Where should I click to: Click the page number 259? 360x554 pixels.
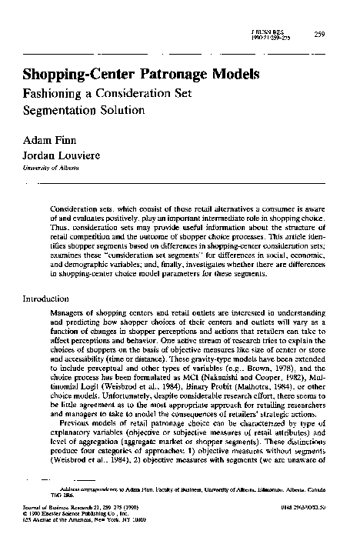click(321, 32)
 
